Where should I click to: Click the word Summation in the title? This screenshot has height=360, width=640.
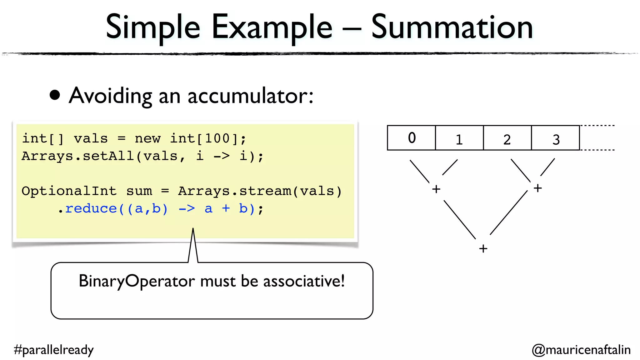click(452, 27)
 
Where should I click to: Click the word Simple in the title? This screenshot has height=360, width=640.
click(153, 27)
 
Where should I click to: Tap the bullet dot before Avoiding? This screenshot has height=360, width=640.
click(55, 95)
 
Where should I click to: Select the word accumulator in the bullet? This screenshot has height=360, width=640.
click(250, 96)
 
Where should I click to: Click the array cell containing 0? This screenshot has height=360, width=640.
click(411, 138)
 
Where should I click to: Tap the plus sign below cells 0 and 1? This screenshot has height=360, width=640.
click(436, 189)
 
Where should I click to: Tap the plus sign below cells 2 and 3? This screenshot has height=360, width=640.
click(537, 188)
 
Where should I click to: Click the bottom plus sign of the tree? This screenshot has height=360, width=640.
click(483, 248)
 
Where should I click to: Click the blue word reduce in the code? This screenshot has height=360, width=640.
click(91, 208)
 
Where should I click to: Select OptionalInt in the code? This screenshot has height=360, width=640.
click(69, 191)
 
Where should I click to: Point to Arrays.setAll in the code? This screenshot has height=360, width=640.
click(78, 156)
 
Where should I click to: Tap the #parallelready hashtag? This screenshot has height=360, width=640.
click(54, 350)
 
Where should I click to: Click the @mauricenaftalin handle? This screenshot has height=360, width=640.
click(581, 350)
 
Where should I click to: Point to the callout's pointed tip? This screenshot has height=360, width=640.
click(193, 230)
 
